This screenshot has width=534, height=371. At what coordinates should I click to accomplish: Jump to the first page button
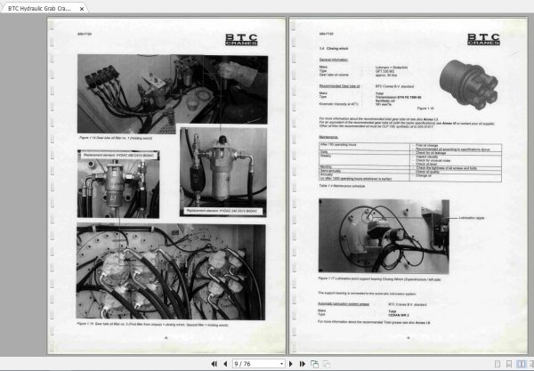[213, 363]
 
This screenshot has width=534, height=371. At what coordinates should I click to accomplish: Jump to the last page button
[297, 363]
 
